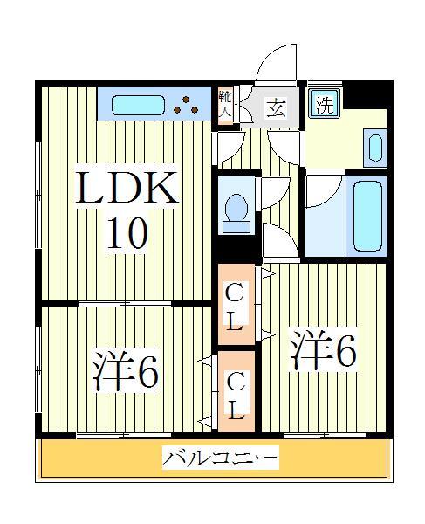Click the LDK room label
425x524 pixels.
click(129, 190)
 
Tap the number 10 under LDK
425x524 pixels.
click(127, 233)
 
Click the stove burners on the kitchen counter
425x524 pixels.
click(185, 105)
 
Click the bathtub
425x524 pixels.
click(366, 216)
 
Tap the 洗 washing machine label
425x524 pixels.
click(325, 106)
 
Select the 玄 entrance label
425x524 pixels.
click(276, 108)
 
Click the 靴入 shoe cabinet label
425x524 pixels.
click(225, 104)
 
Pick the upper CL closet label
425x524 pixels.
click(235, 306)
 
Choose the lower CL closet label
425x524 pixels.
click(235, 395)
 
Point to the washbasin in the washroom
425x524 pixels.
click(375, 148)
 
